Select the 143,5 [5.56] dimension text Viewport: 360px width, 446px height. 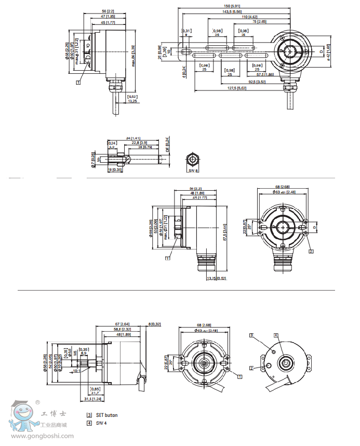click(238, 11)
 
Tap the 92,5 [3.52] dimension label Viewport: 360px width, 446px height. click(257, 82)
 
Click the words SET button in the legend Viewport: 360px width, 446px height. click(106, 415)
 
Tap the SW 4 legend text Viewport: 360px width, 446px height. click(101, 423)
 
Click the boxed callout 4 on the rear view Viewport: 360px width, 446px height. click(276, 335)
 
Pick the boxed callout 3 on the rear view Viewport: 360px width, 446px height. click(251, 336)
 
